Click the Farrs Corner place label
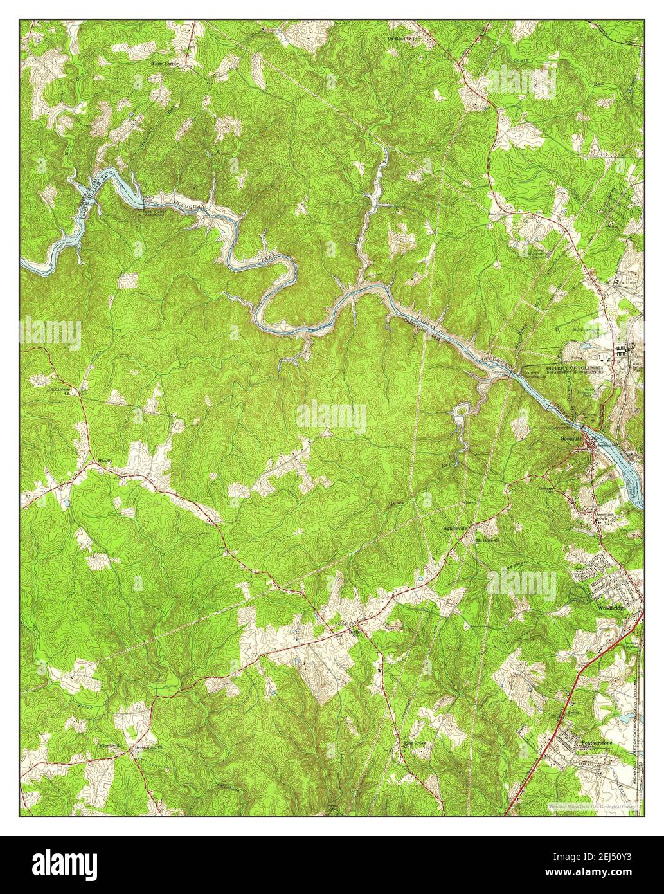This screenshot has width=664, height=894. click(165, 64)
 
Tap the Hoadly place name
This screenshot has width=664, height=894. click(105, 461)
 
